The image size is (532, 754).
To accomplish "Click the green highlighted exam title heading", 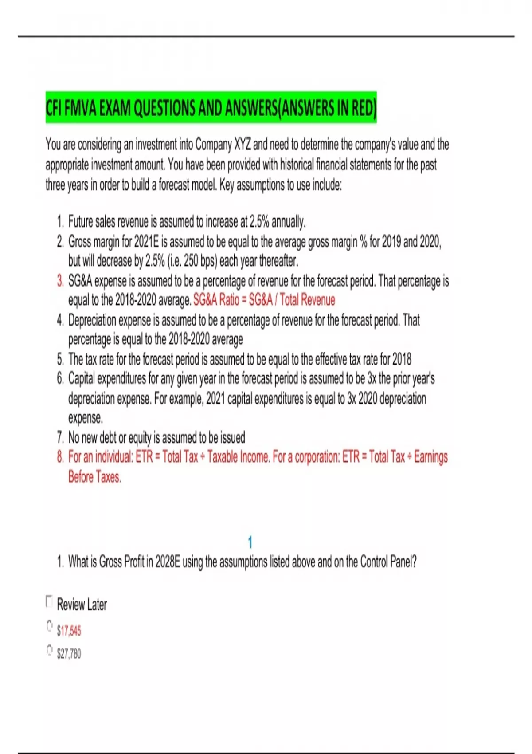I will pos(211,108).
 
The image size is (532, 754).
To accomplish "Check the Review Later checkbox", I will pos(49,601).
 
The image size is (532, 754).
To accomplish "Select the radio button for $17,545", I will pos(50,626).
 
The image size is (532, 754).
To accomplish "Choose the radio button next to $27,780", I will pos(50,650).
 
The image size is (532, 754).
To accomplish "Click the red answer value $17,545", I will pos(69,630).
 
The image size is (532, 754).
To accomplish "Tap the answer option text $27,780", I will pos(69,653).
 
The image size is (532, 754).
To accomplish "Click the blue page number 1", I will pos(250,542).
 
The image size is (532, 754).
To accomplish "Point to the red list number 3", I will pos(60,281).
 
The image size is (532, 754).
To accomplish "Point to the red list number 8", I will pos(60,457).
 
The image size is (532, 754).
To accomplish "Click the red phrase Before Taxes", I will pos(94,477).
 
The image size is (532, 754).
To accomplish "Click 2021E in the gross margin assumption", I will pos(146,242).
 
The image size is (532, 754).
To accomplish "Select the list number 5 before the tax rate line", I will pos(60,359).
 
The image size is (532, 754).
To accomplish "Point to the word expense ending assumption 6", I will pos(85,418).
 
